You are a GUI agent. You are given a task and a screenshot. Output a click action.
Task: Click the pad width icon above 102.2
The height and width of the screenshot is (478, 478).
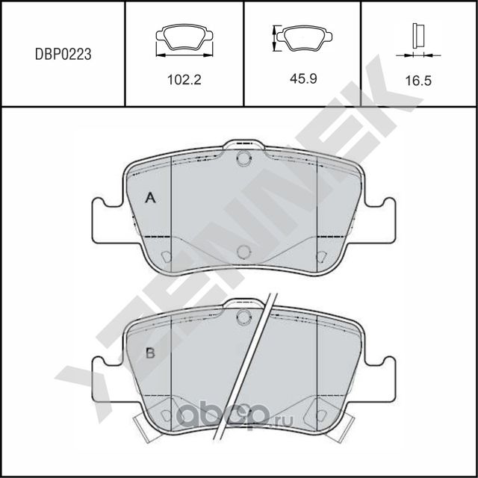pyautogui.click(x=184, y=39)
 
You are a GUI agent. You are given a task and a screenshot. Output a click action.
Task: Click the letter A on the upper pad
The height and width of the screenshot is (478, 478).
pyautogui.click(x=150, y=198)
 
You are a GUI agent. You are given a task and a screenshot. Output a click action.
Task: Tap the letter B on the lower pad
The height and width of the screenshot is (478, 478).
pyautogui.click(x=149, y=353)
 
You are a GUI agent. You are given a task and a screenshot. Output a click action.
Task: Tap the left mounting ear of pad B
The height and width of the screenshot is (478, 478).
pyautogui.click(x=106, y=375)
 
